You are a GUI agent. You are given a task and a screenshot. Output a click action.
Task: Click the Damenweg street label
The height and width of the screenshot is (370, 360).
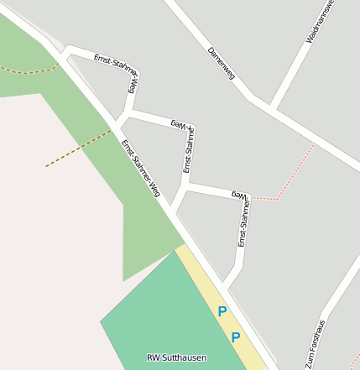tap(221, 64)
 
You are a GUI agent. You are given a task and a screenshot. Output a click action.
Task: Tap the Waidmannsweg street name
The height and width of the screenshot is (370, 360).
tap(321, 22)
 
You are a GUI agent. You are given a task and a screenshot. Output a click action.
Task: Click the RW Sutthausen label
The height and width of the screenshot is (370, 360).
tap(176, 357)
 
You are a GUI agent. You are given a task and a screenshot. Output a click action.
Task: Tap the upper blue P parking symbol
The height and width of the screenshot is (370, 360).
tap(222, 311)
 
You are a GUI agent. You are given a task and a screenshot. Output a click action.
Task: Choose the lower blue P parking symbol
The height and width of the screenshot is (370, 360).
tap(236, 337)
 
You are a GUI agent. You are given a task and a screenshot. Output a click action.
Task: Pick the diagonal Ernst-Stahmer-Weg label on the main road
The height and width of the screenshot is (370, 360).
tap(140, 168)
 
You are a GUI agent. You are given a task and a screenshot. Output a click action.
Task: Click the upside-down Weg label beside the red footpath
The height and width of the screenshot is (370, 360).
tap(240, 194)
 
